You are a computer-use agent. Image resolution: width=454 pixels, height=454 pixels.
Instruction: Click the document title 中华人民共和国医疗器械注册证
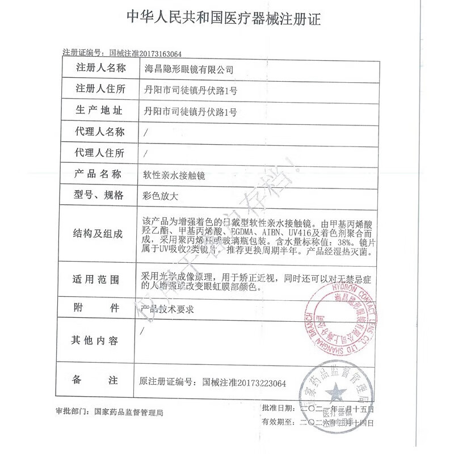pos(226,19)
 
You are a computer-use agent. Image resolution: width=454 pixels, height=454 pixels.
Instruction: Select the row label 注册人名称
pos(99,69)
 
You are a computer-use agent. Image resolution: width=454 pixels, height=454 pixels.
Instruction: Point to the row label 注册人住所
pos(99,90)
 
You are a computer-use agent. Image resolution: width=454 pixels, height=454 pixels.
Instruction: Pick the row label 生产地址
pos(99,110)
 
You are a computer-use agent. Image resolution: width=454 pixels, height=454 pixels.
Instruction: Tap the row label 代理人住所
pos(99,153)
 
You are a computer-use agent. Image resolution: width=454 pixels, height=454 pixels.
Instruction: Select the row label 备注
pos(99,379)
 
